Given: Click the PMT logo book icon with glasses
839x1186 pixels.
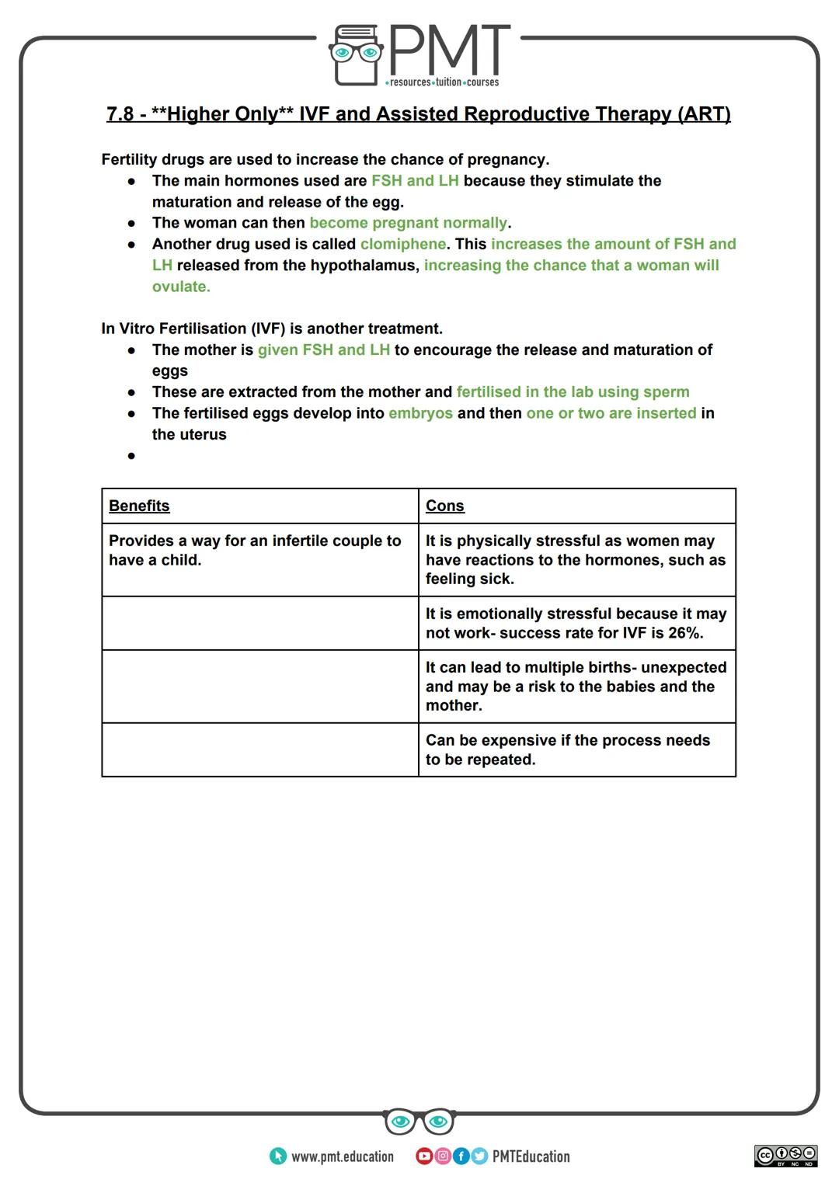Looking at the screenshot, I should tap(357, 54).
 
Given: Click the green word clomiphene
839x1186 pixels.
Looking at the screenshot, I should tap(402, 244).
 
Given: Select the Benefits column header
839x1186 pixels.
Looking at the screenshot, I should tap(139, 506).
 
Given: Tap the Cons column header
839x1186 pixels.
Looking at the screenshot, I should tap(444, 506).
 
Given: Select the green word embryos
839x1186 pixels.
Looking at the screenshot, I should tap(420, 413).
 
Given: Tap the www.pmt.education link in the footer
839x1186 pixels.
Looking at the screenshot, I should tap(342, 1156).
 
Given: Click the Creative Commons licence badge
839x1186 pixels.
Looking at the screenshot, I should tap(785, 1155).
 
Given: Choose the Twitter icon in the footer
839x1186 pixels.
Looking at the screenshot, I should tap(479, 1156).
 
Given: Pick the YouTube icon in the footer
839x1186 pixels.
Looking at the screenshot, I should tap(424, 1156).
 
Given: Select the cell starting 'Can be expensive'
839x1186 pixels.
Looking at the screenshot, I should tap(576, 750).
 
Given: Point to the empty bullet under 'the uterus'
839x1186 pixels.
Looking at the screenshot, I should tap(131, 456).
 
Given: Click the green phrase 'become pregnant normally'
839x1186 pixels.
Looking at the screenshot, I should tap(408, 223).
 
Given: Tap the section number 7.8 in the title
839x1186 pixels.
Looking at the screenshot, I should tap(120, 114).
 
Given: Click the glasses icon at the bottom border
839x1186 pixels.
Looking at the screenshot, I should tap(419, 1121).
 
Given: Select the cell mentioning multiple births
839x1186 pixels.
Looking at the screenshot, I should tap(576, 687).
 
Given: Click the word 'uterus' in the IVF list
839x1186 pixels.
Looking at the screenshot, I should tap(203, 435).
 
